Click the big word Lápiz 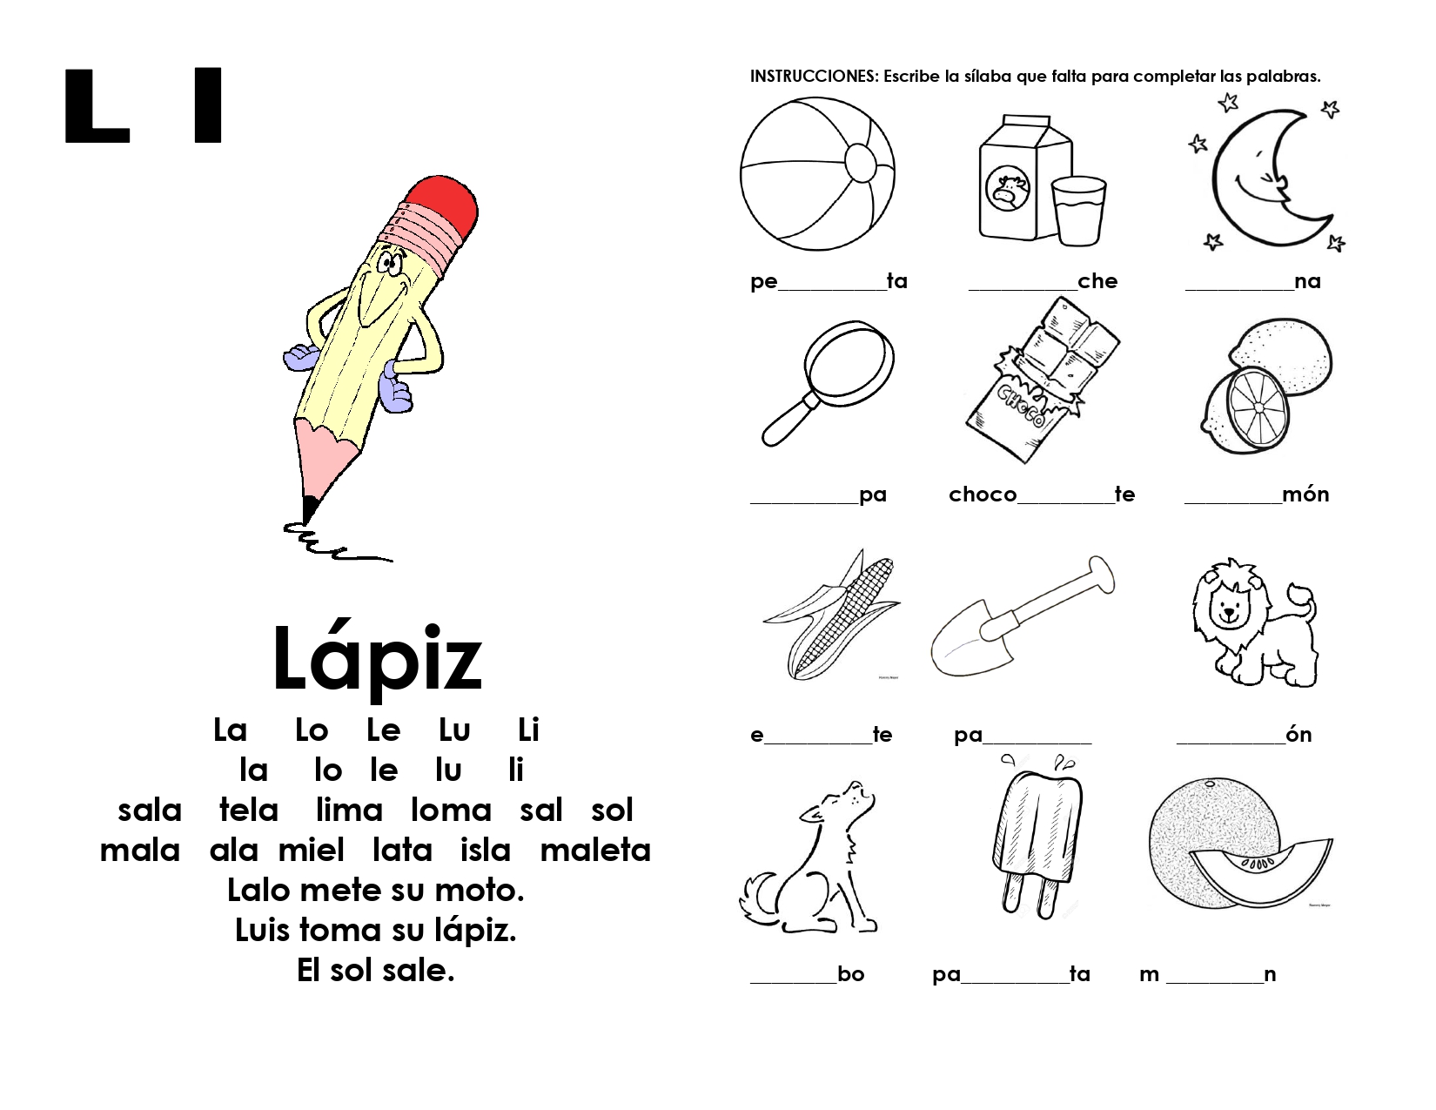click(376, 659)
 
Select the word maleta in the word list click(595, 850)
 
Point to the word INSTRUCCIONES click(814, 77)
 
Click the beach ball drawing click(817, 173)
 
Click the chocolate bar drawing click(1041, 383)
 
